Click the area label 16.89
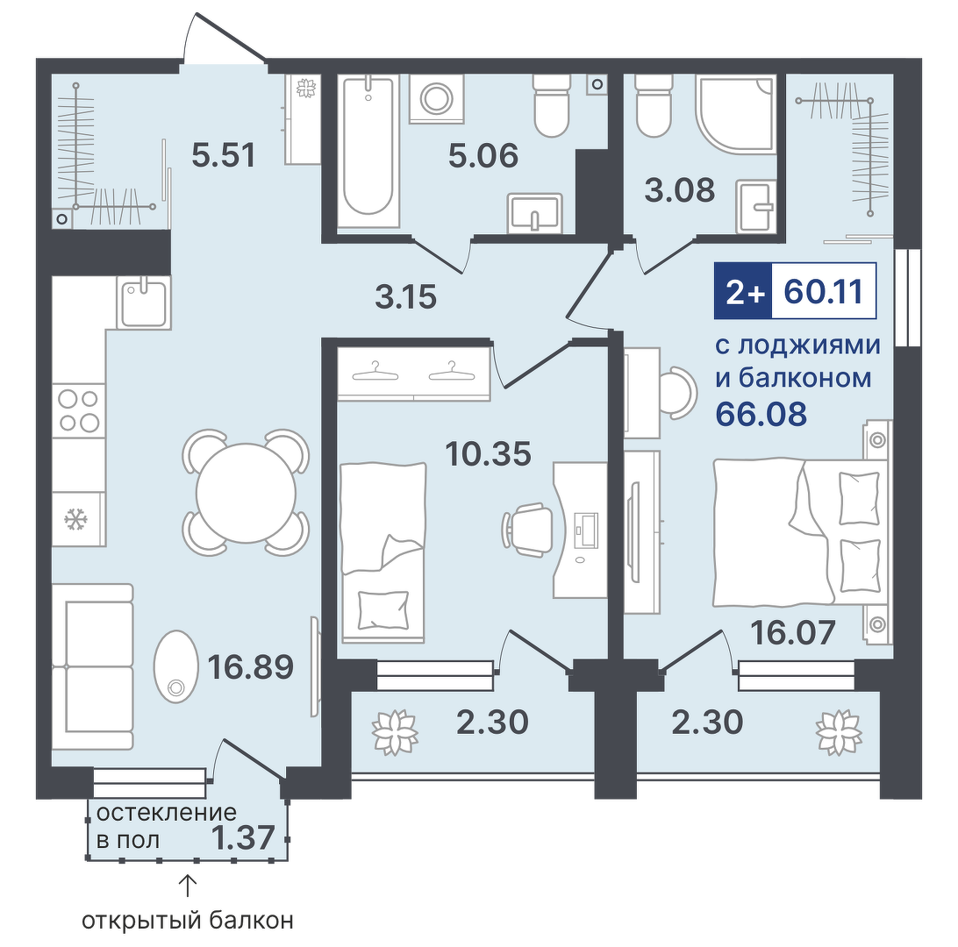pos(251,666)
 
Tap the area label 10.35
pos(488,453)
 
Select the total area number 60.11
pos(824,291)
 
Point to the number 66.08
pos(761,413)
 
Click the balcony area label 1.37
pos(242,837)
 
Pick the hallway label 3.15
pos(405,296)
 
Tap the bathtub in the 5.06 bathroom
pos(368,152)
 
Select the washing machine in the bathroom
pos(436,98)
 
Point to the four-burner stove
pos(79,410)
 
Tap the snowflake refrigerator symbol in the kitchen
pos(76,520)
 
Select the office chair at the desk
pos(524,530)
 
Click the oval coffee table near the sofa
pos(176,666)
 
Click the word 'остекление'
pos(166,813)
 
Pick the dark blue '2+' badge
pos(744,291)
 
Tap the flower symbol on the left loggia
pos(396,732)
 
